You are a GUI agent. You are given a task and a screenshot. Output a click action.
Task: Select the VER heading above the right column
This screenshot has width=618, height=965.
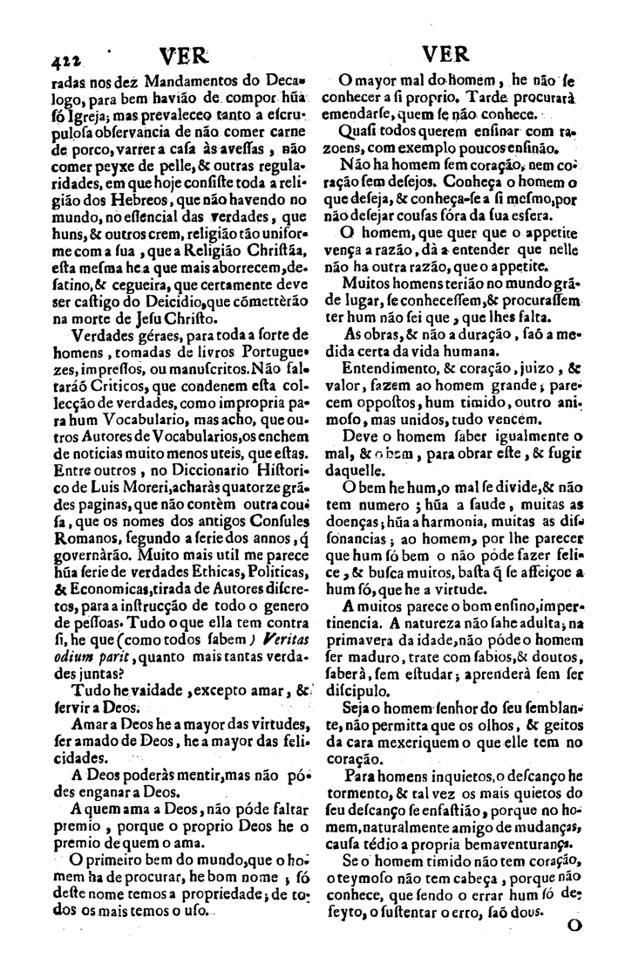(x=450, y=55)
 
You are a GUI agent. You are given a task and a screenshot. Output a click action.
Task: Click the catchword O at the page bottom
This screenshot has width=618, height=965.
(x=574, y=928)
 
